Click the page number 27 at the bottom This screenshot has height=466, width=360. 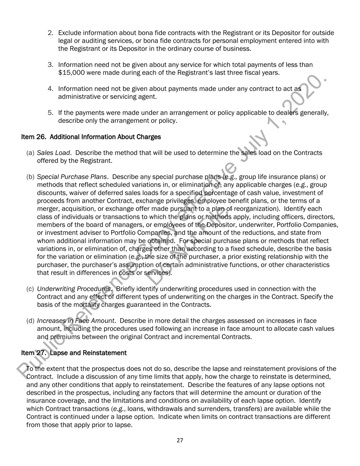(180, 440)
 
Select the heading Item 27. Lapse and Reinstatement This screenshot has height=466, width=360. (74, 353)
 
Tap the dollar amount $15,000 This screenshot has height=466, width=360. (70, 72)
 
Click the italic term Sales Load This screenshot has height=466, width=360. (53, 153)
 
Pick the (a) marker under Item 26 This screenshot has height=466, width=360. (30, 153)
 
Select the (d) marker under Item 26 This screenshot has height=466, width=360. (30, 321)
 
